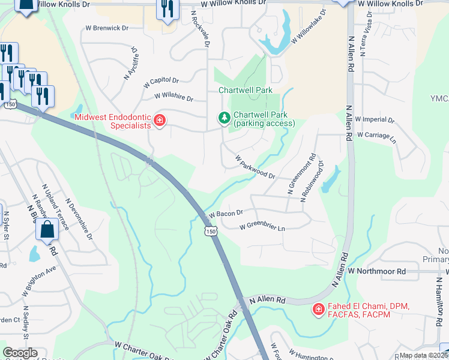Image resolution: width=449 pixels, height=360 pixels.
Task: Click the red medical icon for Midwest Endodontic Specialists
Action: tap(160, 120)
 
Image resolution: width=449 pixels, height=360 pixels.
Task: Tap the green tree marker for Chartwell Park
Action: tap(224, 118)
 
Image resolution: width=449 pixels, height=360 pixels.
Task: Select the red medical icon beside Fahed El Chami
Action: tap(318, 310)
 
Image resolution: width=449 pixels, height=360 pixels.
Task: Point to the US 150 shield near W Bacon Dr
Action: tap(209, 231)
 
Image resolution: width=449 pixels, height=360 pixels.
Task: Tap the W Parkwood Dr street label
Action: tap(255, 168)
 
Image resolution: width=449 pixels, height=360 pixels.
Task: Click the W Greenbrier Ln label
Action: tap(262, 227)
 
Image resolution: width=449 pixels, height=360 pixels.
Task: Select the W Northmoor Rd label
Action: tap(381, 271)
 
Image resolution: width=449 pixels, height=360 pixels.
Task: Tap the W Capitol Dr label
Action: tap(161, 82)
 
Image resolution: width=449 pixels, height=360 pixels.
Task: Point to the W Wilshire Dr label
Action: tap(173, 97)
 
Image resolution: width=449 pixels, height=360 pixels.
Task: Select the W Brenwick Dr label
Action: tap(107, 28)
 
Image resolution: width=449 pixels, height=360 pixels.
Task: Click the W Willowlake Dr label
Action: tap(309, 27)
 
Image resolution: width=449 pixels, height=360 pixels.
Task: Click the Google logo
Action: tap(20, 353)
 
